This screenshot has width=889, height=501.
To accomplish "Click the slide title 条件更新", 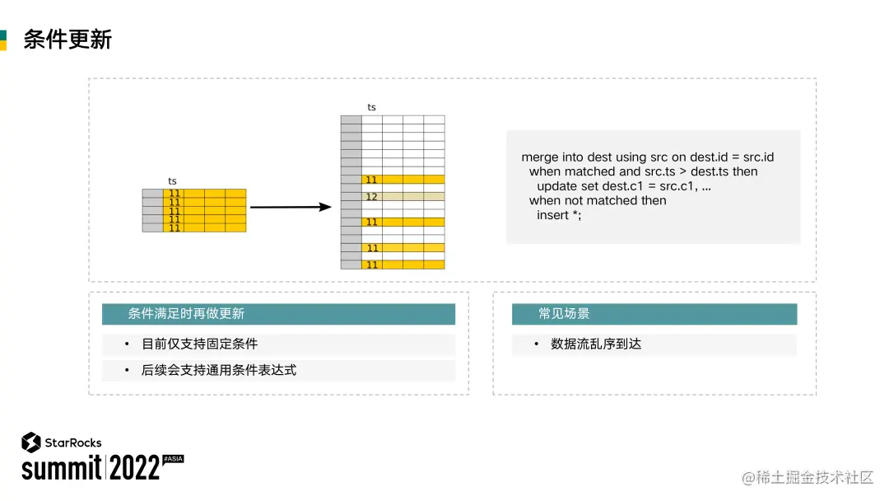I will pos(67,39).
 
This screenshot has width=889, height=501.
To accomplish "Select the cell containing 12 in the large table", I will pos(371,197).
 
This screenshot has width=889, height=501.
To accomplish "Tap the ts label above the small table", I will pos(172,181).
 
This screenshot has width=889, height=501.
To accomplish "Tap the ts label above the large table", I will pos(371,107).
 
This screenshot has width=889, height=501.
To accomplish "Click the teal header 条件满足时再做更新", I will pos(186,314).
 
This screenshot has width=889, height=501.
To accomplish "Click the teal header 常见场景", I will pos(564,314).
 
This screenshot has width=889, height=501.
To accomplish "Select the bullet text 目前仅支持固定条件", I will pos(199,344).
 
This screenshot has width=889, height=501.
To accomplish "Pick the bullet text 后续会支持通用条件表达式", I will pos(218,370).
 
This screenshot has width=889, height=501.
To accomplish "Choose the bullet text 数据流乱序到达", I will pos(595,344).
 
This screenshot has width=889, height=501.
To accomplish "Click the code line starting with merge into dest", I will pos(647,157).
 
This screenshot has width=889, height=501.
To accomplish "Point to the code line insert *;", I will pos(559,215).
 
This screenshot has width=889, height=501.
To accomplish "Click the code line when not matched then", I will pos(598,200).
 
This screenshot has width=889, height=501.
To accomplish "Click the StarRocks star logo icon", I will pos(31,442).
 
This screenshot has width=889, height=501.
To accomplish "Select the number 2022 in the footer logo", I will pos(134,468).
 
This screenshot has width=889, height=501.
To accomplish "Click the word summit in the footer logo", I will pos(61,468).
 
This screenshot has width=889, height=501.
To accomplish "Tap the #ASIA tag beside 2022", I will pos(173,457).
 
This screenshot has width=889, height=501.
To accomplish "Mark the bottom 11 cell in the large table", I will pos(371,265).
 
